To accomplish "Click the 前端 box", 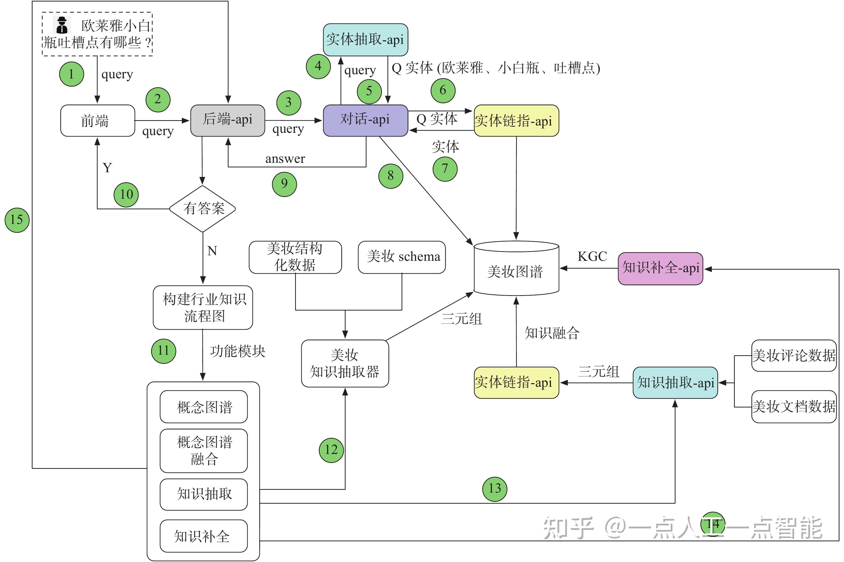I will (97, 121).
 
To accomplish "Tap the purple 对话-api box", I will (365, 120).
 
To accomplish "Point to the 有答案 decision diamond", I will (203, 209).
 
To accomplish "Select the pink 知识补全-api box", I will (660, 268).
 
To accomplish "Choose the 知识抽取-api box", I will (675, 383).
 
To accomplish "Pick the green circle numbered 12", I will (331, 450).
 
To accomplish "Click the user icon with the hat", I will (62, 25).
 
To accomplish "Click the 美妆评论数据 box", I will (794, 355).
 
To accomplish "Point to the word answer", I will (285, 159).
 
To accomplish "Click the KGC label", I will (592, 257).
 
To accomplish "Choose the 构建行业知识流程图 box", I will (203, 308).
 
